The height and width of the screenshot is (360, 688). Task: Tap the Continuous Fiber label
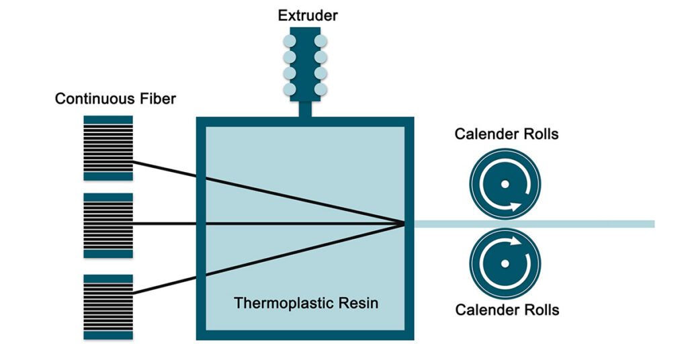point(116,99)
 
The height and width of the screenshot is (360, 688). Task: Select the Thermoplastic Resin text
point(306,303)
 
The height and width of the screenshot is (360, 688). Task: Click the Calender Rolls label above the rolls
point(507,134)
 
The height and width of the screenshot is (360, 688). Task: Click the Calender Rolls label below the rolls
point(507,310)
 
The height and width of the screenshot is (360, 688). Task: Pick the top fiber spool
point(108,148)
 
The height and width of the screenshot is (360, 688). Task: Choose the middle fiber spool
point(108,226)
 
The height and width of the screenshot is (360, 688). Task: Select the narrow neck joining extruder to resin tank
point(306,109)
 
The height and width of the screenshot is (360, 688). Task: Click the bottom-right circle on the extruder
point(320,89)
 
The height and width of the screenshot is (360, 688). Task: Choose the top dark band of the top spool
point(108,120)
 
